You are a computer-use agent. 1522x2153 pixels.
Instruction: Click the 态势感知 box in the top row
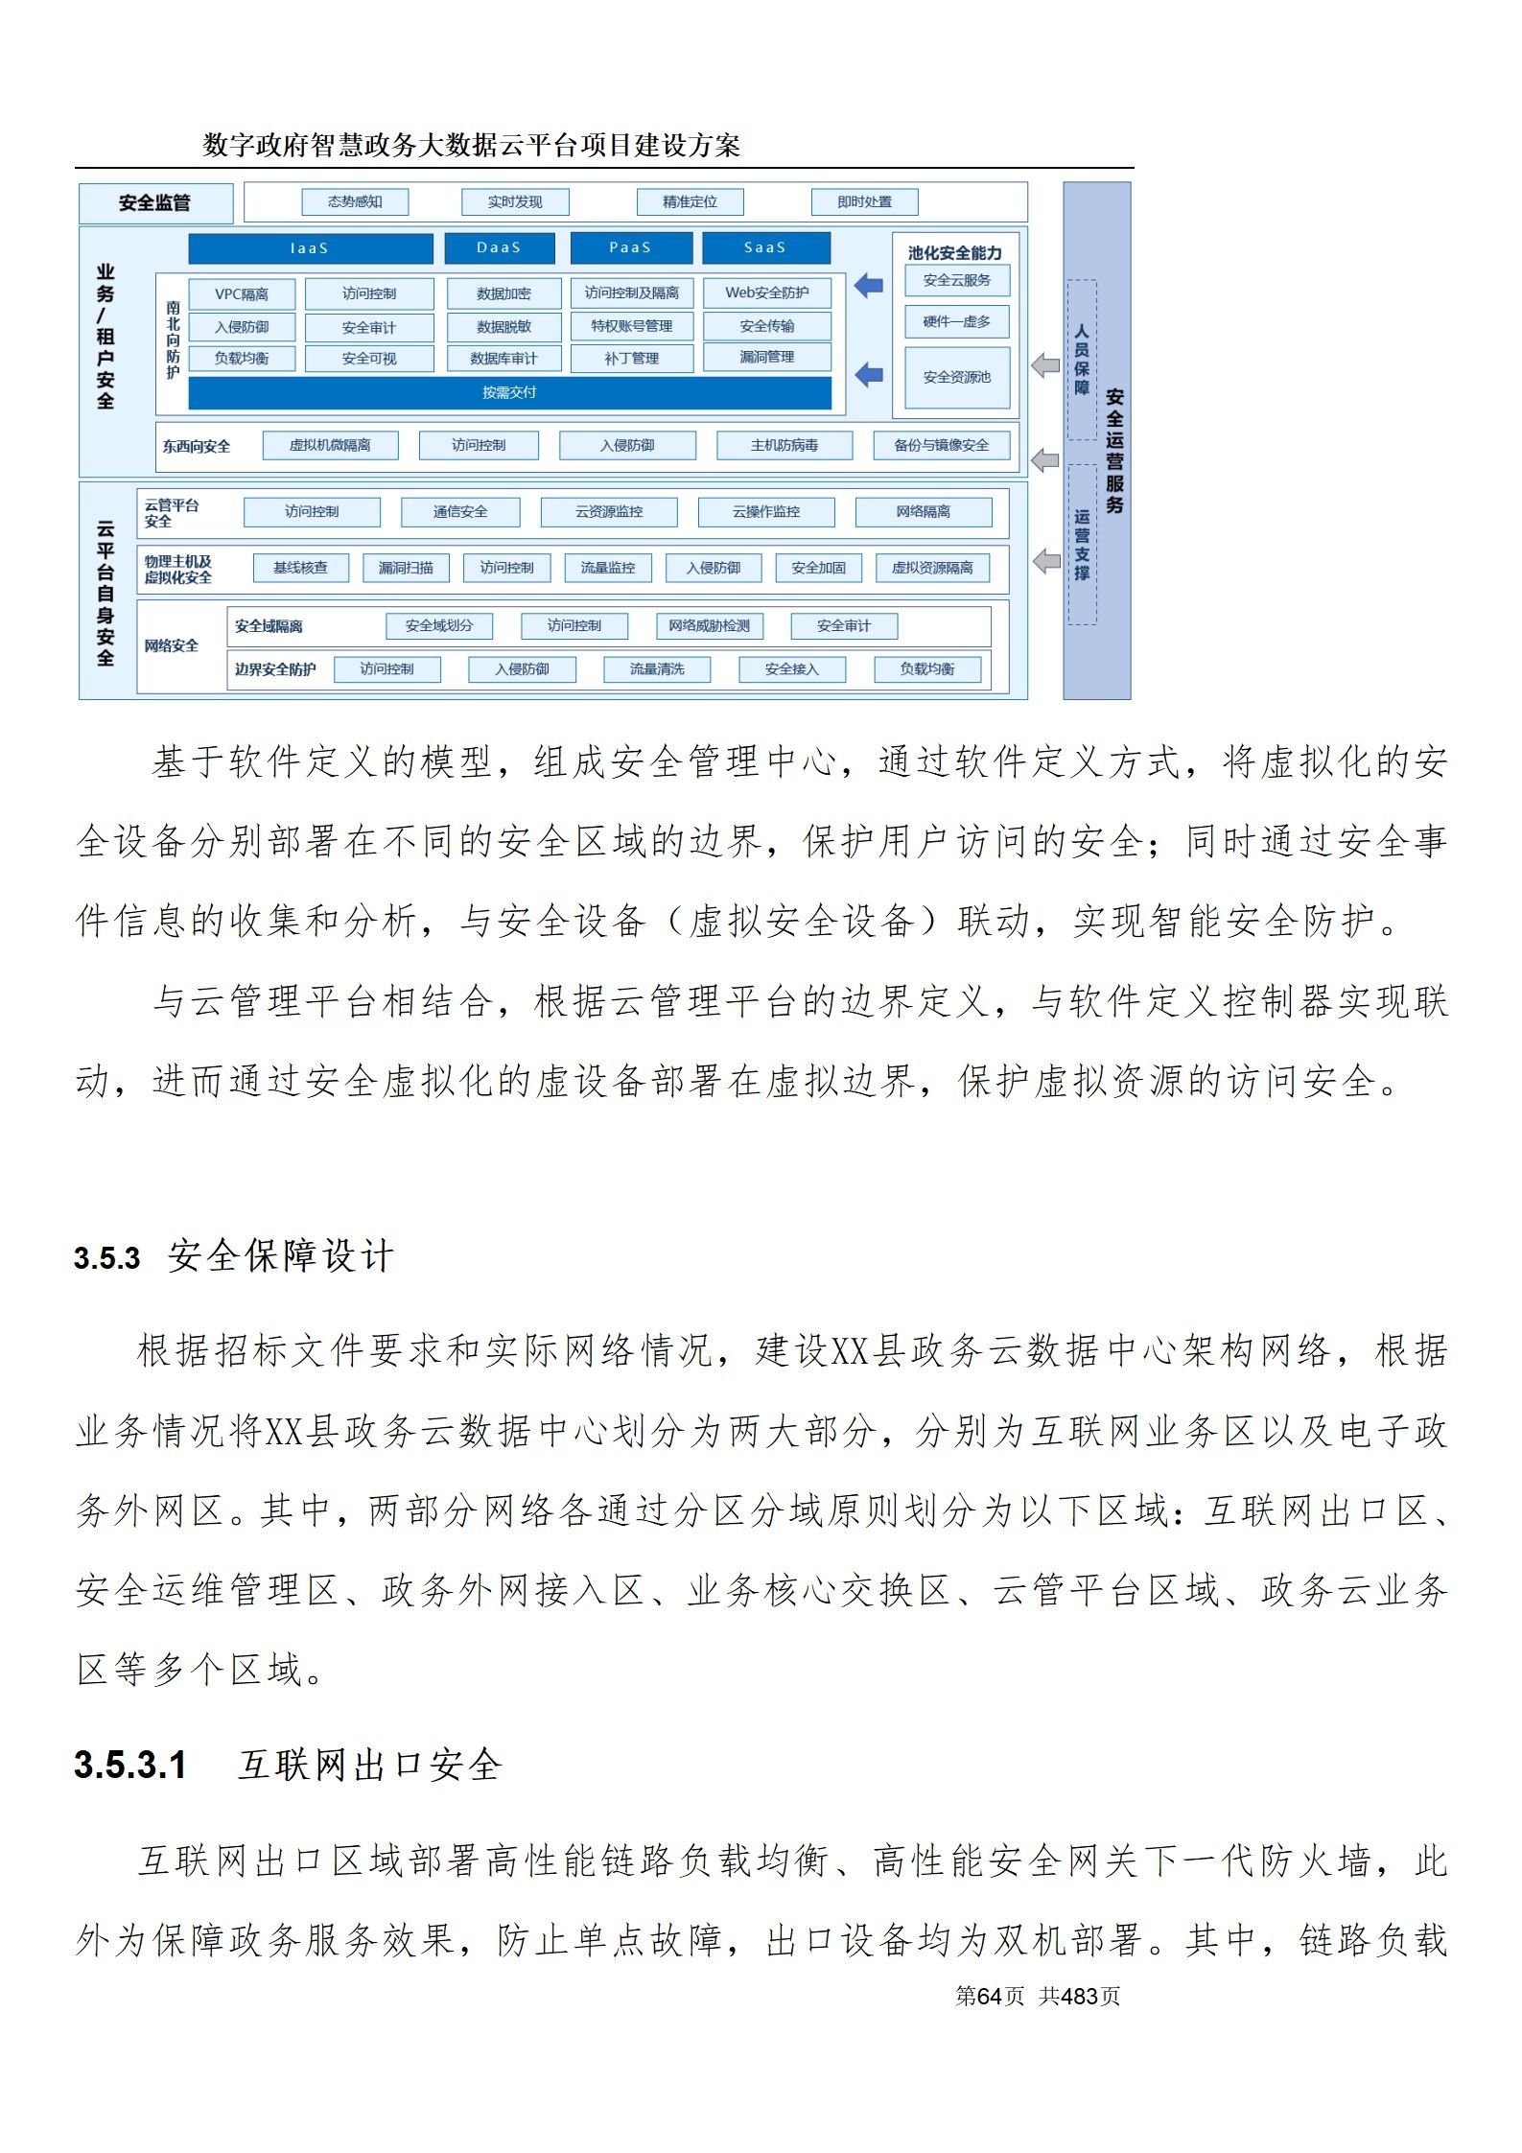pos(355,201)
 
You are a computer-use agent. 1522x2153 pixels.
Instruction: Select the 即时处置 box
pos(864,201)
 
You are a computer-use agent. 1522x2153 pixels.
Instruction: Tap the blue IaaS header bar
pos(310,248)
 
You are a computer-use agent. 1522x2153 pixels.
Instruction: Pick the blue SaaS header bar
pos(765,247)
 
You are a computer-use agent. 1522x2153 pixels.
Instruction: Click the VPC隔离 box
pos(242,294)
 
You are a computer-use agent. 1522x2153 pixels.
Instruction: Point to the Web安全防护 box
pos(766,293)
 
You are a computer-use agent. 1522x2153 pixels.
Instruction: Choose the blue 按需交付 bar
pos(509,392)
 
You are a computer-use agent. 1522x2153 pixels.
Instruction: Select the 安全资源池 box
pos(956,377)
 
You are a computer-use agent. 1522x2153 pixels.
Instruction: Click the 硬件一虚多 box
pos(956,321)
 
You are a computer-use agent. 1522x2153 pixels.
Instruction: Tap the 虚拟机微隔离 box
pos(330,445)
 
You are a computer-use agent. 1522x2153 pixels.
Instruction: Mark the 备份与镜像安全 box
pos(941,445)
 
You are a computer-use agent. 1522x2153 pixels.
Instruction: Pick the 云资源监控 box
pos(609,511)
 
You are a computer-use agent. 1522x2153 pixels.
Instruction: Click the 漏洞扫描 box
pos(406,568)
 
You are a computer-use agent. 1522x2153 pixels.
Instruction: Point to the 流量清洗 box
pos(657,668)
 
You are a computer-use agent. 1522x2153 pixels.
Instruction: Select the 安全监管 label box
pos(155,203)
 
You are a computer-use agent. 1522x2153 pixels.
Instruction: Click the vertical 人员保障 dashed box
pos(1082,360)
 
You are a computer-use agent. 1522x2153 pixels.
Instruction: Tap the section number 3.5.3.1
pos(130,1766)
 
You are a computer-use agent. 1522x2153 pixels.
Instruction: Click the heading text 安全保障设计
pos(281,1255)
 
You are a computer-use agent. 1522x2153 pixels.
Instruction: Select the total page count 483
pos(1079,1996)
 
